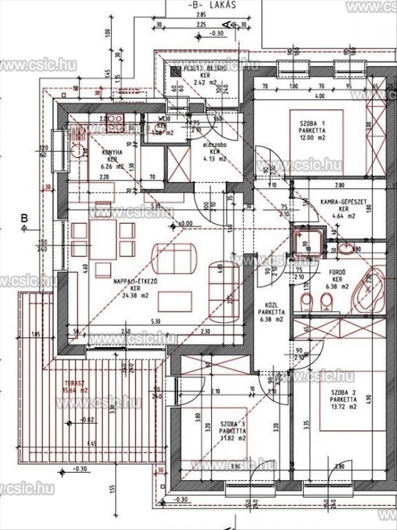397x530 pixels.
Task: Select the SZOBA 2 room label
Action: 342,392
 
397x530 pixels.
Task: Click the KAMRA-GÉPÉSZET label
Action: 344,201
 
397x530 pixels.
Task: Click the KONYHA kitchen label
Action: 112,152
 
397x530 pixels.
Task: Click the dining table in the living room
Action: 103,239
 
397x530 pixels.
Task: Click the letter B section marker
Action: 24,217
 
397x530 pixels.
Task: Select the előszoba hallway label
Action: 215,144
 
